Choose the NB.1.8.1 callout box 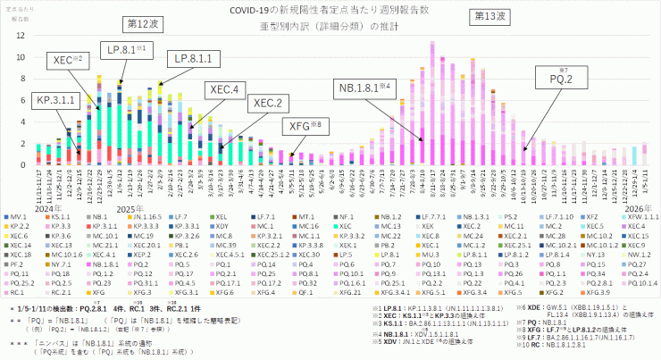367,88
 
